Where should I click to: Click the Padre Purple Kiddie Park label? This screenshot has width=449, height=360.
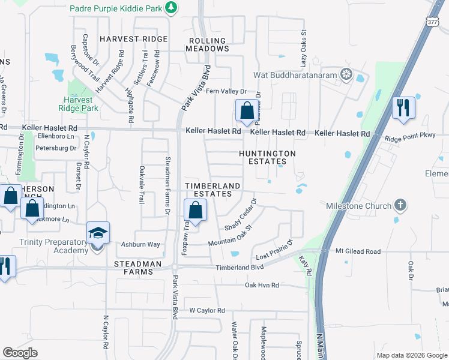[116, 8]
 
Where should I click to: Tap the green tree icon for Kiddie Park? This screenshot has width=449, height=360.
[172, 8]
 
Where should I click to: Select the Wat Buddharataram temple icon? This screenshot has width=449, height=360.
[346, 74]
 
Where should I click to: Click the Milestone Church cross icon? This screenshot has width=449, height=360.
[400, 206]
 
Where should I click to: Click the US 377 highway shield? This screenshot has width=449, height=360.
[432, 21]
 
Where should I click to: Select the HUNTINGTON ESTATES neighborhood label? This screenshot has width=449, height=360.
[268, 157]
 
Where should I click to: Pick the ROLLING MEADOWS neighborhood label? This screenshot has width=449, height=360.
[207, 45]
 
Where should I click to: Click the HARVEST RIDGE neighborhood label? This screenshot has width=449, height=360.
[133, 39]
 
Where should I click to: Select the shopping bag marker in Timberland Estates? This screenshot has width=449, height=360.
[195, 211]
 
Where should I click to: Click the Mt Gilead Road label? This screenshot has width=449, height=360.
[358, 251]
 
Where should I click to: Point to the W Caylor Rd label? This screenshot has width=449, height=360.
[206, 311]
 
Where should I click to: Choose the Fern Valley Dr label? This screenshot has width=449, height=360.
[226, 91]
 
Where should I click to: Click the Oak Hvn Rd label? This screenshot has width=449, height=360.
[262, 286]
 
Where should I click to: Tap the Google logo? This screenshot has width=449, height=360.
[20, 352]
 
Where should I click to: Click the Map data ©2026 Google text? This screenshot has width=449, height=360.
[411, 355]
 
